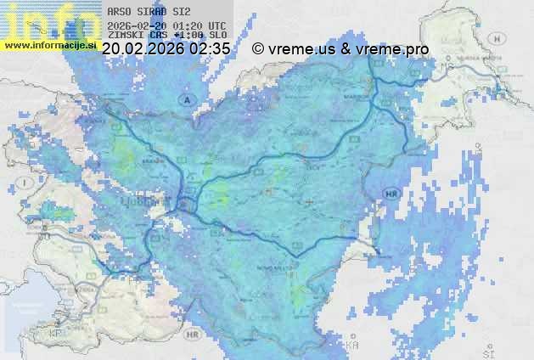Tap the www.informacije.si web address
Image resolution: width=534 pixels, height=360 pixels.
coord(50,45)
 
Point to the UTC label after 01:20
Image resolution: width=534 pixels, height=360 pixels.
coord(216,25)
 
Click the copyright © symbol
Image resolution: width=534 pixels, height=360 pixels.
coord(258,49)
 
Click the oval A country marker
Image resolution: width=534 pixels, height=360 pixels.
coord(185,99)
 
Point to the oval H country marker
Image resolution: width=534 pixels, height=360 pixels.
coord(498,38)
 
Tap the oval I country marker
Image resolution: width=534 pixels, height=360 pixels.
coord(27,183)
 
